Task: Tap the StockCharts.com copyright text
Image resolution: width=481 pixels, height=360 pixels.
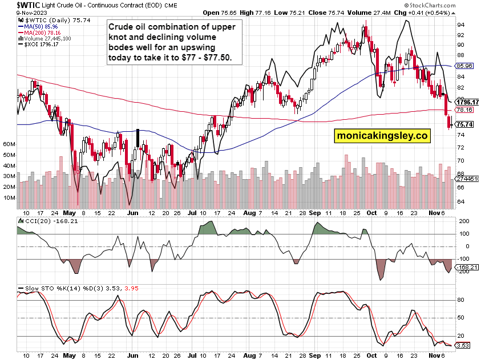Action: tap(450, 5)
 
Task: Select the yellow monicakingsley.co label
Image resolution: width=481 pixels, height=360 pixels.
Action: tap(382, 136)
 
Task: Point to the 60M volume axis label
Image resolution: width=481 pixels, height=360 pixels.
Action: tap(9, 145)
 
